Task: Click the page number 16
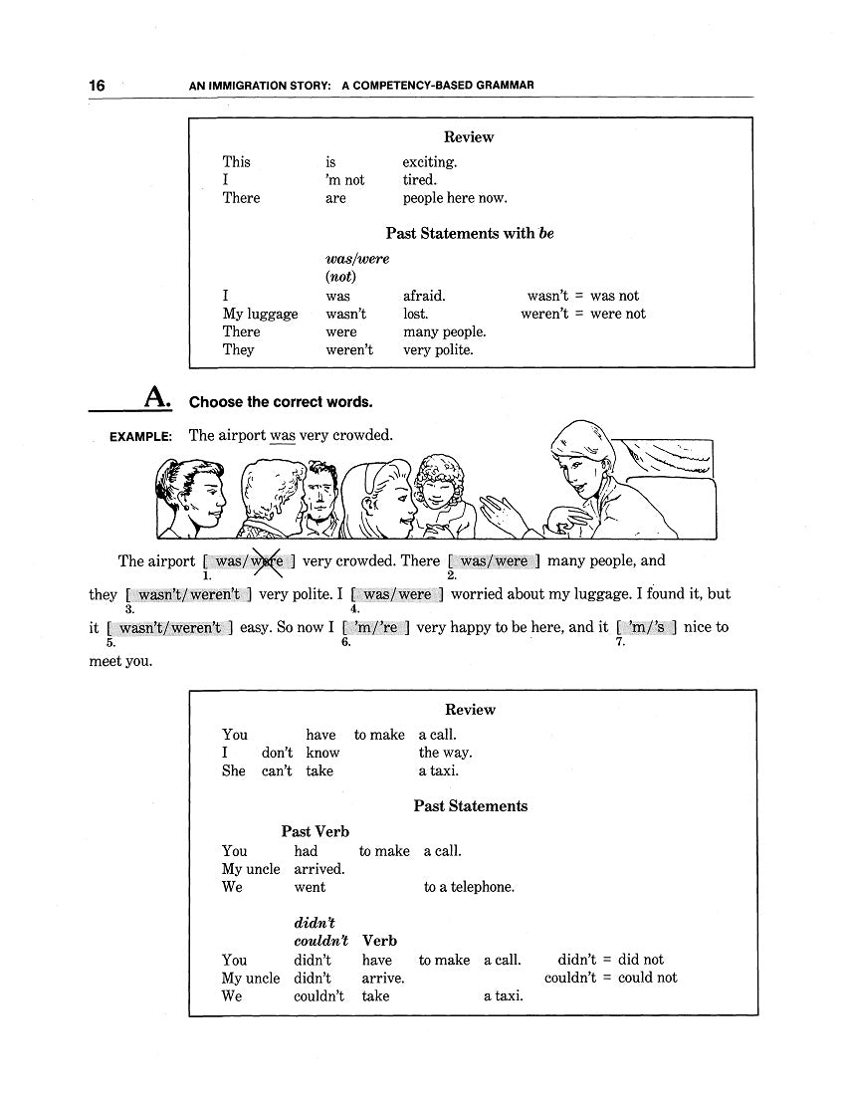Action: click(97, 86)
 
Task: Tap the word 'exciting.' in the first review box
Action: click(430, 162)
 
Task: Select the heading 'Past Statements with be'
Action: click(470, 234)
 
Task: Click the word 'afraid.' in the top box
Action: click(424, 296)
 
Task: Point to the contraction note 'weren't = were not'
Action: click(583, 314)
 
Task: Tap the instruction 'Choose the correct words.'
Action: click(281, 402)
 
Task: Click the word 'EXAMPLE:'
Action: click(140, 436)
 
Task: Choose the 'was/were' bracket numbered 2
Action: click(494, 561)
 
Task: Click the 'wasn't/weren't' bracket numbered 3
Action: click(188, 595)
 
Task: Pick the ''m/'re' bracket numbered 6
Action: click(375, 628)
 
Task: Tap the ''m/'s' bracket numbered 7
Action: click(647, 628)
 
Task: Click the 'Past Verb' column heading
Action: click(315, 831)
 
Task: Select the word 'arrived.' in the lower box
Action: click(318, 869)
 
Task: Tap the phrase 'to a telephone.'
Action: click(469, 887)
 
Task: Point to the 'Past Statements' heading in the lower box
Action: click(471, 806)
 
